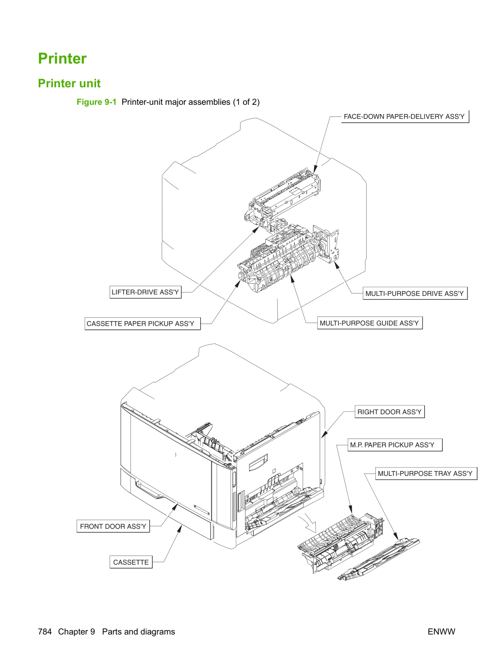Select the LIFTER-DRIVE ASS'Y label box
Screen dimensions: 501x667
coord(145,292)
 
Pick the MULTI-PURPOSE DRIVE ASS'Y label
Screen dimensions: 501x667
coord(415,293)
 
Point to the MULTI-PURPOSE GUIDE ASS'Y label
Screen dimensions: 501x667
coord(370,323)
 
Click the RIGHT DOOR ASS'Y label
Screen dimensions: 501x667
coord(389,412)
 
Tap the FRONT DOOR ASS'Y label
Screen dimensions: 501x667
coord(113,526)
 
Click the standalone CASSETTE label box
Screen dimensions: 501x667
coord(131,562)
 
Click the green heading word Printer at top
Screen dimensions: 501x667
coord(62,58)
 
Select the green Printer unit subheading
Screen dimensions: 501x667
coord(69,83)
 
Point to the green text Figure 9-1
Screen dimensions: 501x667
coord(97,102)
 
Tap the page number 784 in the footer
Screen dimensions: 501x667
coord(45,632)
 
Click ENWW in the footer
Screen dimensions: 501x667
coord(441,632)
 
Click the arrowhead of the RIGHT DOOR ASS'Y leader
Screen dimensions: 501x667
coord(324,435)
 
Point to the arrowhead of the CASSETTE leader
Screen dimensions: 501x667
coord(180,529)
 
